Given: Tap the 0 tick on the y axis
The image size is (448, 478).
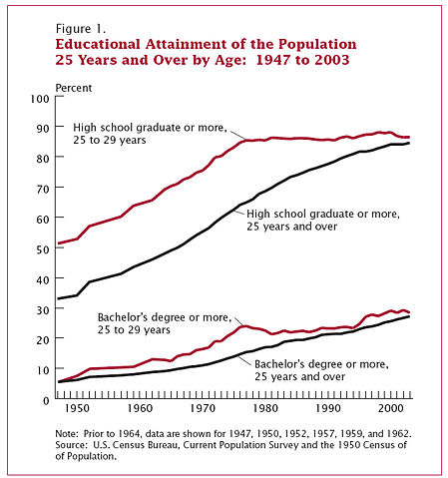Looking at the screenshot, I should (x=45, y=400).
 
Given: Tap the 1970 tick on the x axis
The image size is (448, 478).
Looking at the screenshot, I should (x=203, y=409).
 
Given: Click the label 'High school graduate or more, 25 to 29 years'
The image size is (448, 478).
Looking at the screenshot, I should (x=151, y=136).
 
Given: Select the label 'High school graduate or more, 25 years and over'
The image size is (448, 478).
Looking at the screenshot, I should (x=323, y=220).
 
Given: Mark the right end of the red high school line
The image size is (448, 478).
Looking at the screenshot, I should (x=409, y=137).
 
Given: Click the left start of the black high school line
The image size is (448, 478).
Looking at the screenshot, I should (x=58, y=298).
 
